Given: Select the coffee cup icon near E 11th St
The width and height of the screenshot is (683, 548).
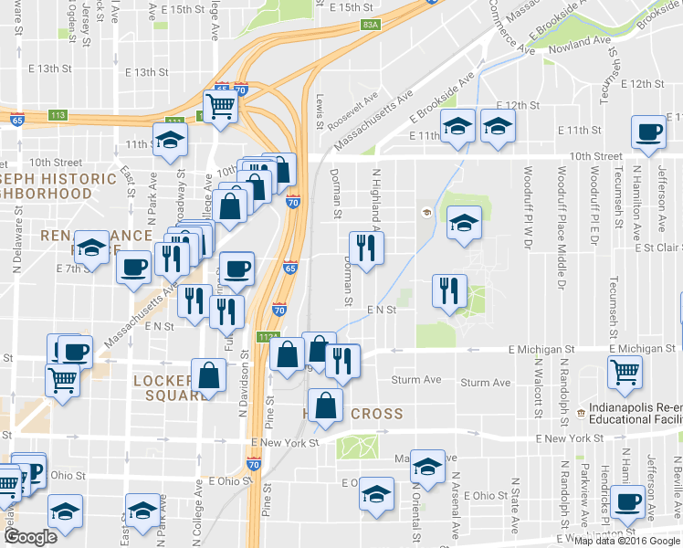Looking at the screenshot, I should click(x=649, y=132).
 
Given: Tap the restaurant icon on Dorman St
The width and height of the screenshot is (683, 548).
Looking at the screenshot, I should click(x=366, y=248).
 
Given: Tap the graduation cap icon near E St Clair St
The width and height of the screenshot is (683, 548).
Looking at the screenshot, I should click(x=464, y=222).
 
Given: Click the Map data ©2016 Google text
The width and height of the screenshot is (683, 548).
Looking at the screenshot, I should click(x=625, y=540).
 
